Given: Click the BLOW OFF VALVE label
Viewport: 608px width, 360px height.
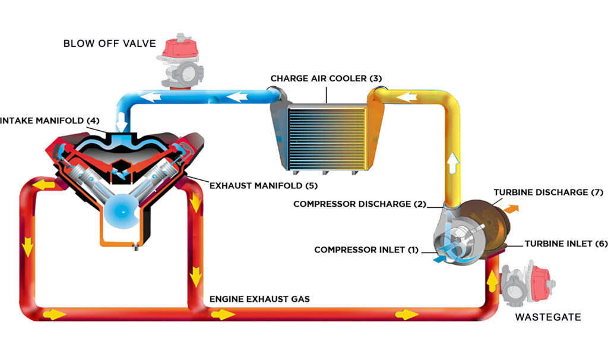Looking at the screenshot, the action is (x=110, y=43).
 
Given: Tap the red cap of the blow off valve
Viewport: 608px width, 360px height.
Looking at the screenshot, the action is (x=180, y=48).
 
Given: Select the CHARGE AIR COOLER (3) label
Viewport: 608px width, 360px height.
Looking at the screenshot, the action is (x=326, y=78).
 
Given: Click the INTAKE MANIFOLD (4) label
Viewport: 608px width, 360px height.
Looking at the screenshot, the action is (x=47, y=121).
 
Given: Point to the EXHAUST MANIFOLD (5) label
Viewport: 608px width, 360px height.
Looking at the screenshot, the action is (x=263, y=186).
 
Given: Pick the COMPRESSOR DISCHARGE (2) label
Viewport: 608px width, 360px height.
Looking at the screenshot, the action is (x=360, y=204).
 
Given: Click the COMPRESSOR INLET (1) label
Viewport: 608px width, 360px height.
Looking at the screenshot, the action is (x=366, y=250).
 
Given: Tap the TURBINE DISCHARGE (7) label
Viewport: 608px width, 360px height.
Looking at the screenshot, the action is (x=549, y=192).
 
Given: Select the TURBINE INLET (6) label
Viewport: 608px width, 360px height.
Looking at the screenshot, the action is (x=566, y=244).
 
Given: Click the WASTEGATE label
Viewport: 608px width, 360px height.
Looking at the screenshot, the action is (x=548, y=317).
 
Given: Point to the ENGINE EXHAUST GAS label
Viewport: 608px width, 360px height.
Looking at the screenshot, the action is (x=259, y=299).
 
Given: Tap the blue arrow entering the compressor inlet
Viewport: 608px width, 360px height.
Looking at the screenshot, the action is (x=439, y=258).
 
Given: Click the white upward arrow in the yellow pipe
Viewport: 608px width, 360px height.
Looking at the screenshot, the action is (x=452, y=163).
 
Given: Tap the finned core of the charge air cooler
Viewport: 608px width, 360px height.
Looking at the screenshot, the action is (x=327, y=138).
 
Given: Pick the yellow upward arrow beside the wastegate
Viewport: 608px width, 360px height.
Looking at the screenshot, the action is (x=492, y=282).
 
